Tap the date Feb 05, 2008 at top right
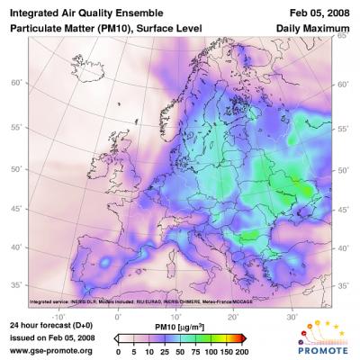319,12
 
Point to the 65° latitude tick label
342,38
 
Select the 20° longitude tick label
234,317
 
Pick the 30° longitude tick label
292,317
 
